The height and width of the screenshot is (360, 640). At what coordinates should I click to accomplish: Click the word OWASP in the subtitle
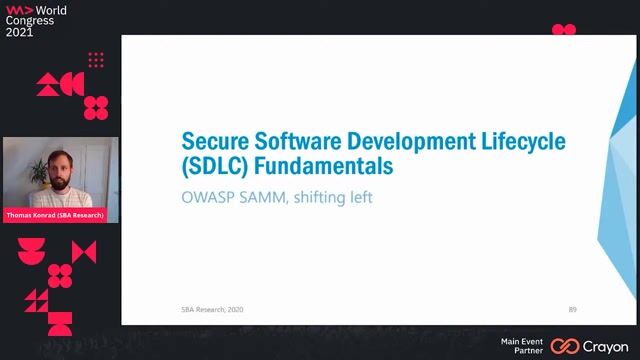[207, 197]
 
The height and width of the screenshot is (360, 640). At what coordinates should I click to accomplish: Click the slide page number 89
[572, 309]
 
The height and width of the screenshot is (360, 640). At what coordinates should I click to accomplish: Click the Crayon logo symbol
[565, 345]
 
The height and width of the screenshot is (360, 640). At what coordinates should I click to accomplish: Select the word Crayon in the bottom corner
[607, 345]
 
